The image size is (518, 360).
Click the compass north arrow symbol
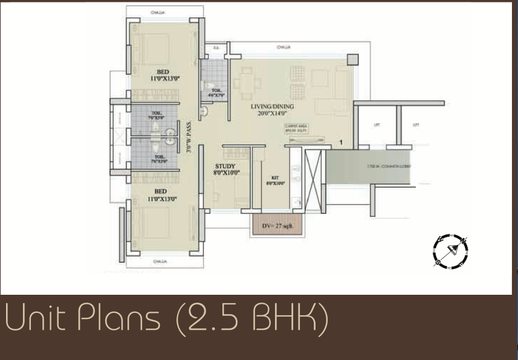click(450, 250)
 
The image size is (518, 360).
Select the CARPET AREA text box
click(300, 128)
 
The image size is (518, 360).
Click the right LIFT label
click(415, 125)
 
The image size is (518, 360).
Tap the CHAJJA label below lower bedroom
click(160, 262)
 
